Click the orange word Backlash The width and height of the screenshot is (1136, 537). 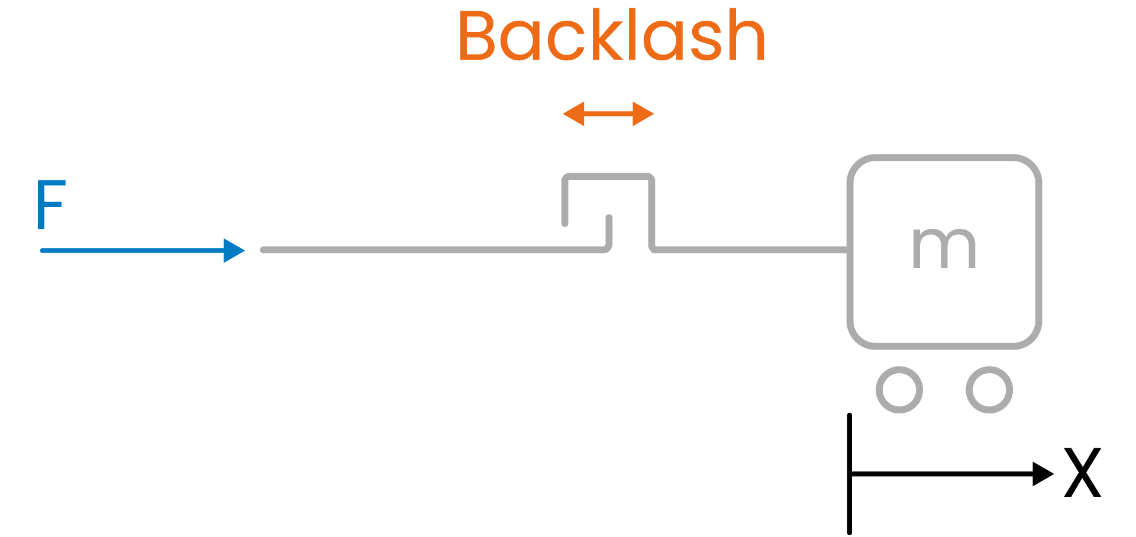(x=612, y=37)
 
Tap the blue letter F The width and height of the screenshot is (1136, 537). (x=50, y=204)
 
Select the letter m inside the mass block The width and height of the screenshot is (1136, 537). (x=944, y=248)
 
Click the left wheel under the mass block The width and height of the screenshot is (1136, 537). (x=899, y=390)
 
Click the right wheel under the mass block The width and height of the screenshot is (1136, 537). (x=989, y=390)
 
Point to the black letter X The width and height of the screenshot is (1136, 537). (x=1083, y=473)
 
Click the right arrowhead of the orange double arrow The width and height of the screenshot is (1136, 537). (x=643, y=114)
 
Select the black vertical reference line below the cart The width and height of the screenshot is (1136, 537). (x=850, y=503)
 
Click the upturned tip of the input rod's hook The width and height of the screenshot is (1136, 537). (x=609, y=219)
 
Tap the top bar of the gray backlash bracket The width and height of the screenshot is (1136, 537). (x=608, y=176)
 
